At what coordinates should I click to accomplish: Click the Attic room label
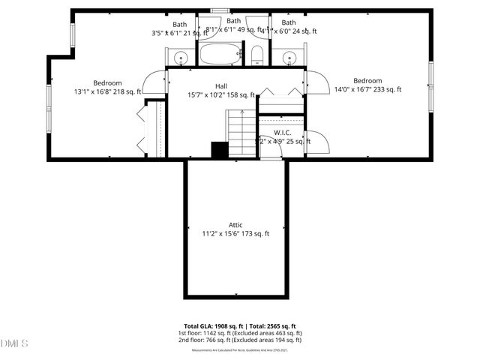point(235,224)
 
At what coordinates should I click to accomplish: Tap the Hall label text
point(220,85)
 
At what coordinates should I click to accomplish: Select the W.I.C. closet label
point(282,132)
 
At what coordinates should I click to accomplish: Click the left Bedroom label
point(107,82)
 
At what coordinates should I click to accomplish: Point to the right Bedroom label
point(367,81)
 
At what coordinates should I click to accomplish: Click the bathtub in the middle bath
point(219,54)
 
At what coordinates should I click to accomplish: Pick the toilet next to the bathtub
point(256,54)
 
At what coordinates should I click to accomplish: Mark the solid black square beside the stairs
point(219,150)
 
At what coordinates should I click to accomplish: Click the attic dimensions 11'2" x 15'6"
point(235,234)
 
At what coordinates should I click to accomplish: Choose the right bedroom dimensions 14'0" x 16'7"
point(367,90)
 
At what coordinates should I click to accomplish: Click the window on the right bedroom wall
point(430,86)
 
